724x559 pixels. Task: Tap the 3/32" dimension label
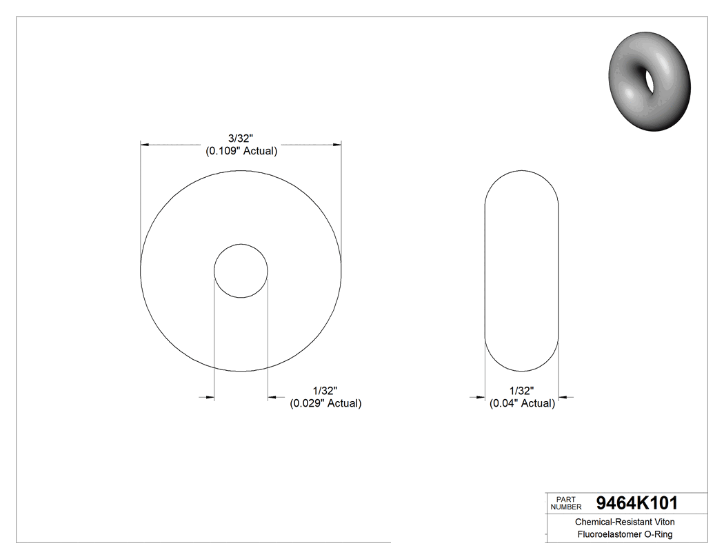[241, 139]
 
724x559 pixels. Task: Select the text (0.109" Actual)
[241, 151]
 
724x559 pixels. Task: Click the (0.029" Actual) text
[325, 403]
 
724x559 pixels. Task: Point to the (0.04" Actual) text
[522, 403]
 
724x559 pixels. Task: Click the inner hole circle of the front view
[241, 270]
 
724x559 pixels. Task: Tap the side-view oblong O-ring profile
[521, 270]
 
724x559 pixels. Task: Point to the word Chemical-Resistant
[606, 522]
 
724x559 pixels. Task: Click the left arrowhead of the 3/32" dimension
[144, 145]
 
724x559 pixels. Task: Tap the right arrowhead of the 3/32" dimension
[337, 145]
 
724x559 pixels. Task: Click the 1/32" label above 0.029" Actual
[324, 391]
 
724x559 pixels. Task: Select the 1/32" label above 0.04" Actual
[522, 391]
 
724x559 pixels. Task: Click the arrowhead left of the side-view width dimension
[481, 397]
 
